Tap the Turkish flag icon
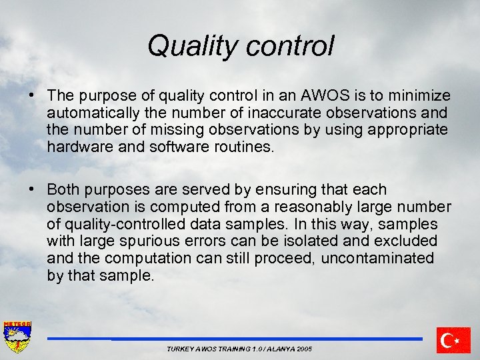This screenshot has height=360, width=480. tap(453, 340)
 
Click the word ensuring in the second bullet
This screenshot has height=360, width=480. tap(301, 189)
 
